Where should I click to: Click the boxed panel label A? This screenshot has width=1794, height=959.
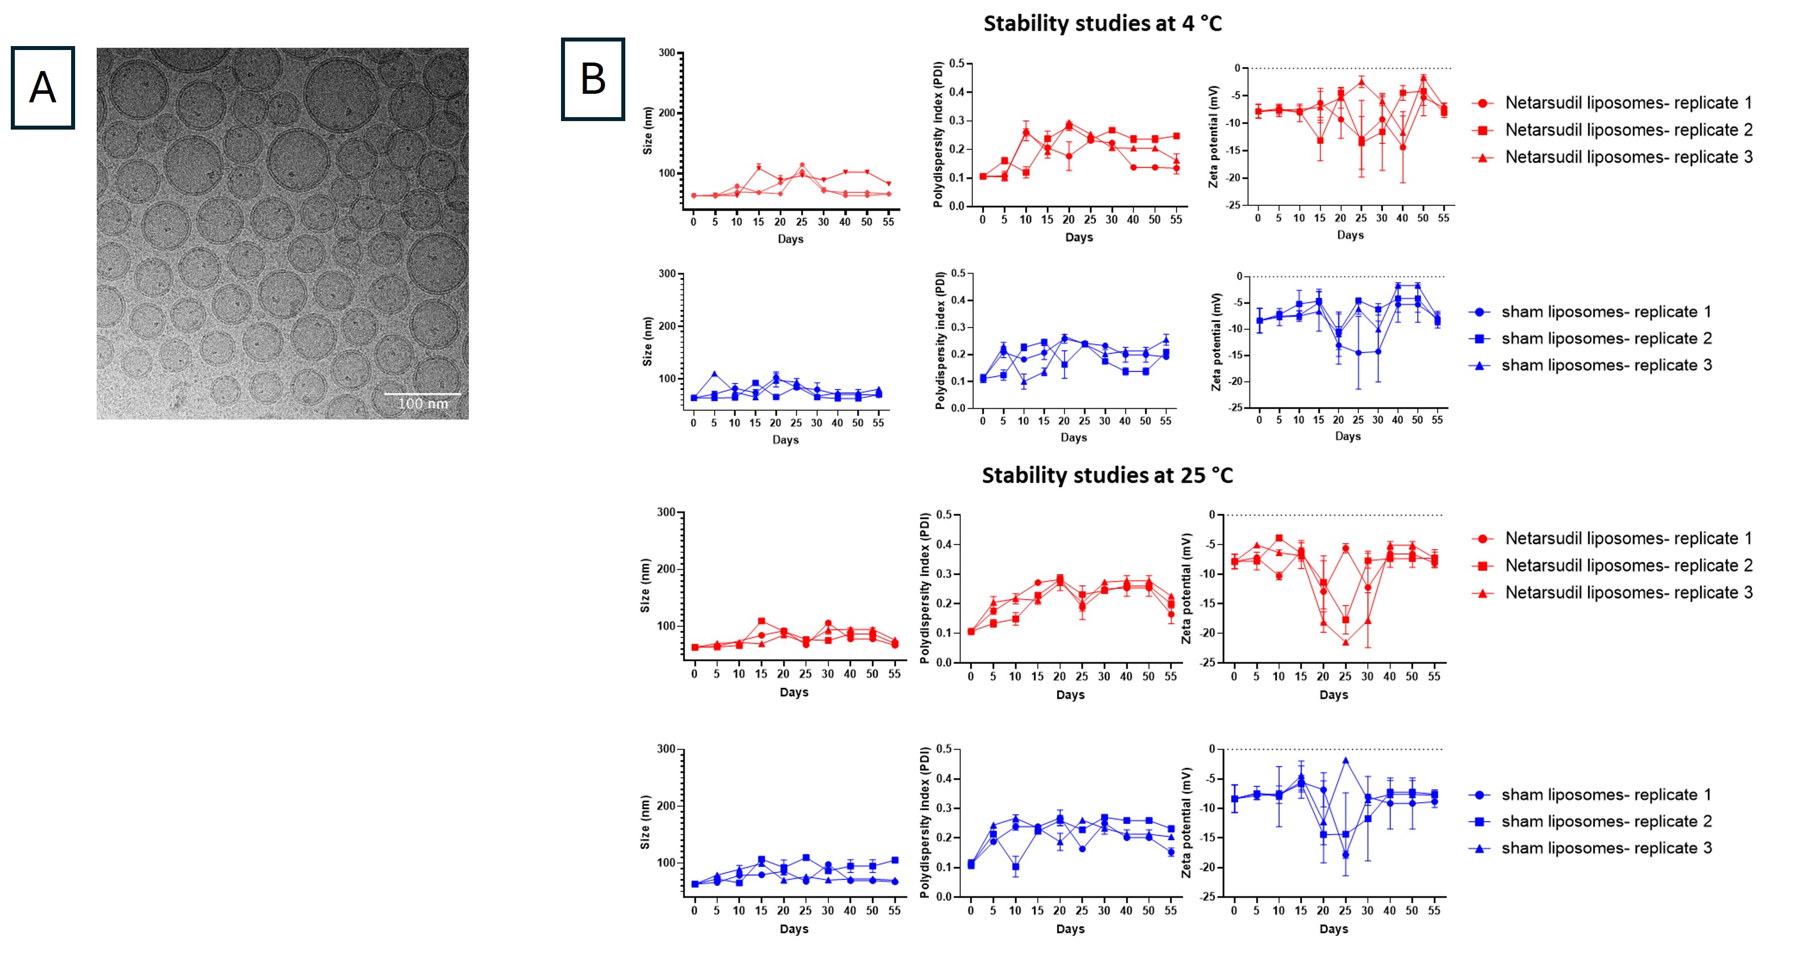tap(43, 88)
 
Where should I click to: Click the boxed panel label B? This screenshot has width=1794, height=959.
tap(593, 80)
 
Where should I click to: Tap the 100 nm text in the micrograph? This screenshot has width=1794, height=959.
tap(423, 404)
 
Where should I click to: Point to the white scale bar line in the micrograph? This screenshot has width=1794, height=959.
tap(422, 394)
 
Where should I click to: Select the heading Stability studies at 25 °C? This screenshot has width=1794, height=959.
tap(1107, 475)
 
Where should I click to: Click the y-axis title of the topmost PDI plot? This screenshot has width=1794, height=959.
tap(937, 134)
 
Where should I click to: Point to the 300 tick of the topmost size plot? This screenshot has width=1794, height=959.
tap(666, 53)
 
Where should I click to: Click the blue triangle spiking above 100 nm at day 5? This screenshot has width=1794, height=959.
tap(715, 375)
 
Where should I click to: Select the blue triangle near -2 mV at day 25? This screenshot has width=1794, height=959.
tap(1346, 761)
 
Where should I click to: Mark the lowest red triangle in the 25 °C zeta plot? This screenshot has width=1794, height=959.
tap(1346, 642)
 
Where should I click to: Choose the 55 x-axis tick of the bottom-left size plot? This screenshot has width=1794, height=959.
tap(894, 910)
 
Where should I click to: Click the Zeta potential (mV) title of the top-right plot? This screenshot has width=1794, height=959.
tap(1213, 136)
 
